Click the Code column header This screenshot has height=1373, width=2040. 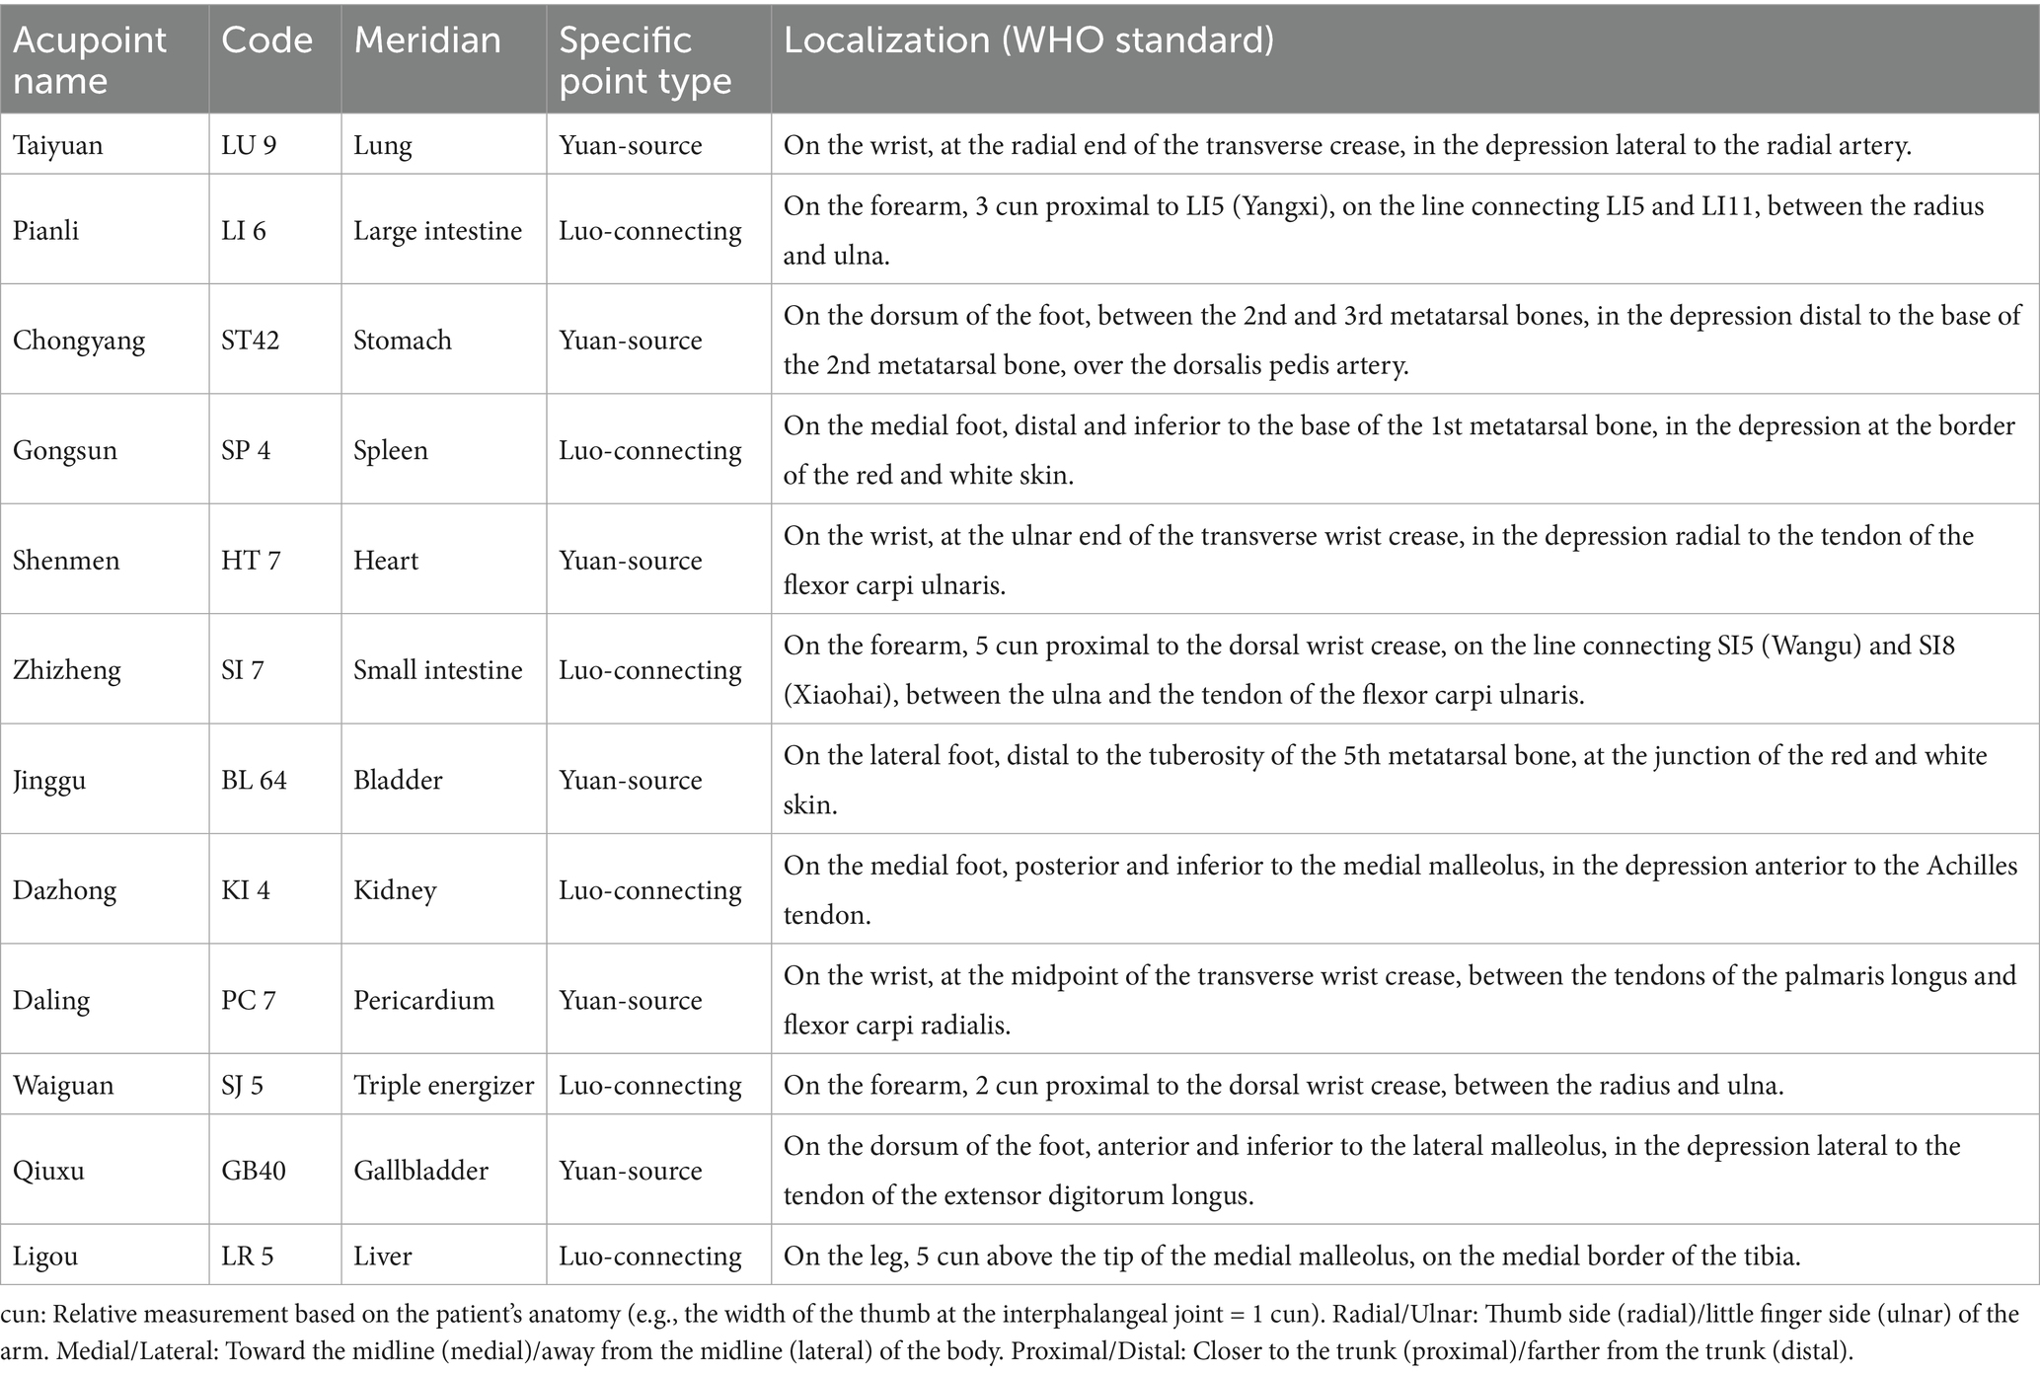pyautogui.click(x=266, y=40)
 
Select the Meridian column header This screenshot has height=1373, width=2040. pyautogui.click(x=427, y=40)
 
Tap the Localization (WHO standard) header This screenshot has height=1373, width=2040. pyautogui.click(x=1028, y=40)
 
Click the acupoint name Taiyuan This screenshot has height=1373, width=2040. pyautogui.click(x=57, y=145)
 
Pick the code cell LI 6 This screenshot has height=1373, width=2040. pyautogui.click(x=244, y=231)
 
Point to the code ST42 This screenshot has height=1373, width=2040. pyautogui.click(x=251, y=341)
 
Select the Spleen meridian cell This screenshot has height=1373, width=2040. pyautogui.click(x=391, y=451)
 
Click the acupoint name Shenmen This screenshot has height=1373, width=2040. pyautogui.click(x=66, y=561)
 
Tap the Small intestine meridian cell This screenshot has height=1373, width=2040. pyautogui.click(x=438, y=670)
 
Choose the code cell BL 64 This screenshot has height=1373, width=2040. pyautogui.click(x=254, y=781)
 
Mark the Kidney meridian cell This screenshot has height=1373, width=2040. pyautogui.click(x=395, y=890)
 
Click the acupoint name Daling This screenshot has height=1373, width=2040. pyautogui.click(x=51, y=1000)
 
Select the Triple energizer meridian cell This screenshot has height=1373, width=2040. pyautogui.click(x=444, y=1086)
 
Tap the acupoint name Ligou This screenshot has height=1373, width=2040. pyautogui.click(x=45, y=1257)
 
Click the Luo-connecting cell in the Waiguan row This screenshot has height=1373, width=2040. pyautogui.click(x=650, y=1086)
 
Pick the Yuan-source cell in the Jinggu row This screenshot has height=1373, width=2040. pyautogui.click(x=631, y=781)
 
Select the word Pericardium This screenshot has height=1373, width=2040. pyautogui.click(x=423, y=1000)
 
